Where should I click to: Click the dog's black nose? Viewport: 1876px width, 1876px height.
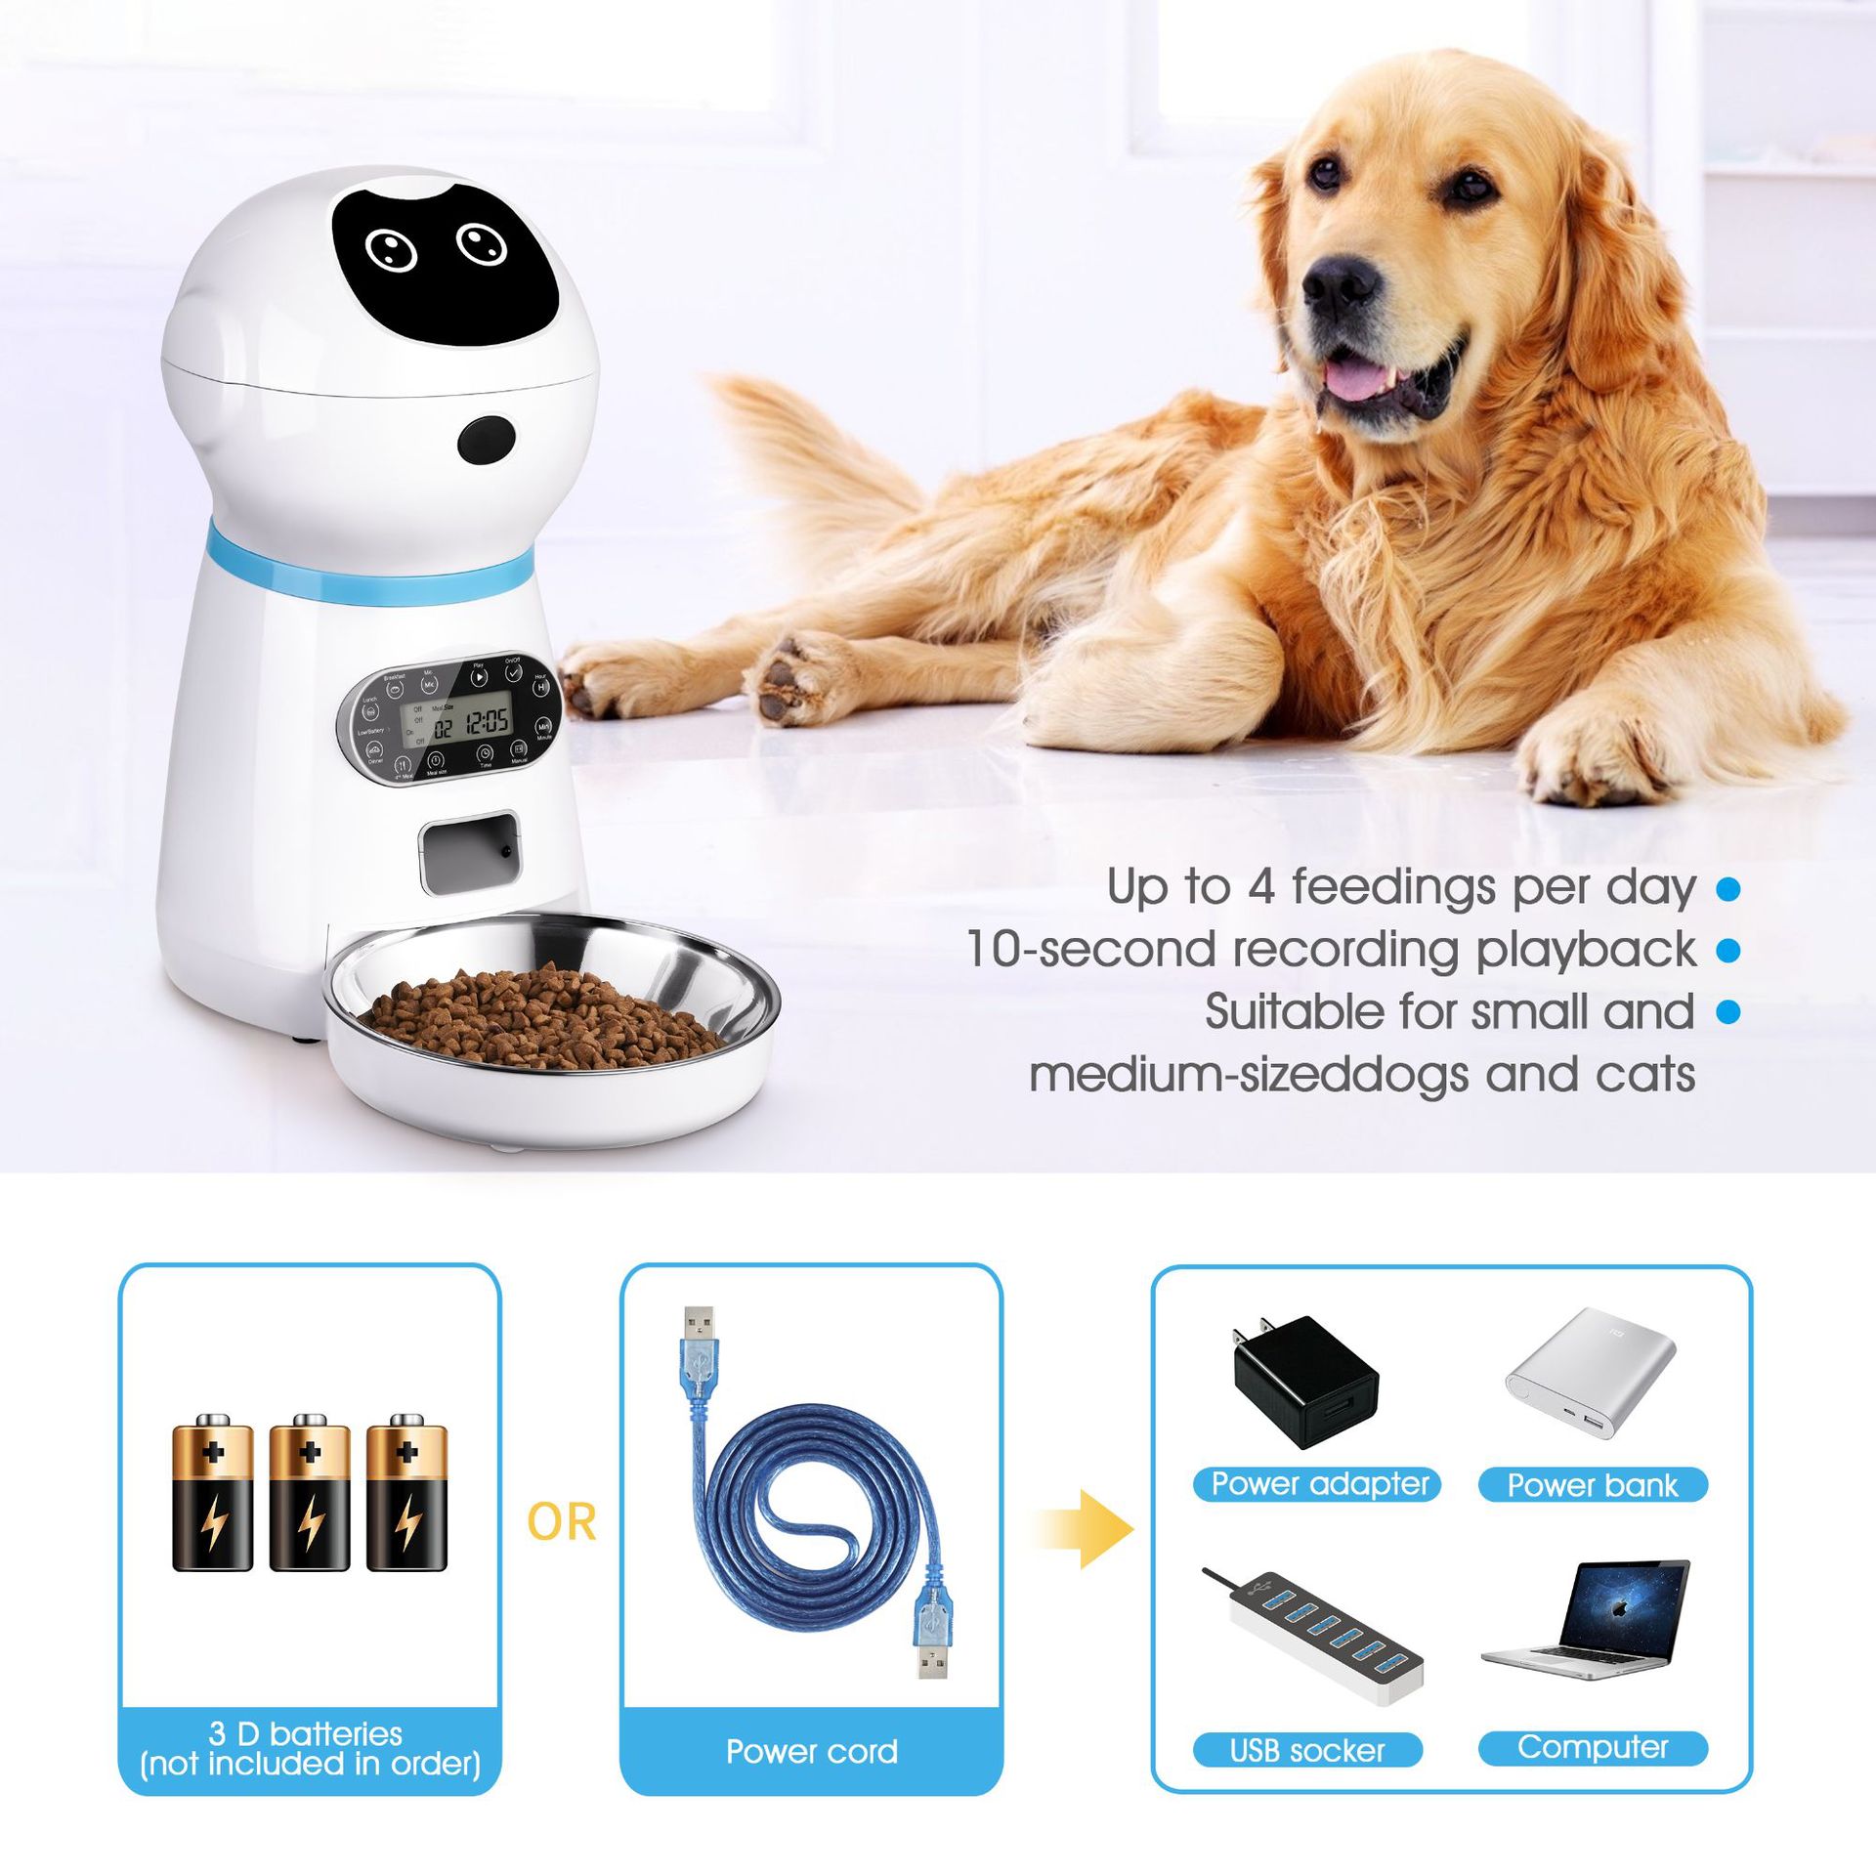pos(1341,282)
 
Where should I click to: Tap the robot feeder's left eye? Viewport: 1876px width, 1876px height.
pos(391,251)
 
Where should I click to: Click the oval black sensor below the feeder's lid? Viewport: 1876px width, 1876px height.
pos(486,440)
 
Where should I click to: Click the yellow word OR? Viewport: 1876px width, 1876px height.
pos(561,1522)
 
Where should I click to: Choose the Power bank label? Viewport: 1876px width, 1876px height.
pos(1592,1485)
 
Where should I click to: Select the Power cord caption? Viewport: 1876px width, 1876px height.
pos(811,1751)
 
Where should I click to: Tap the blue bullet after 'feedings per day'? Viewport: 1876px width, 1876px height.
pos(1727,888)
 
